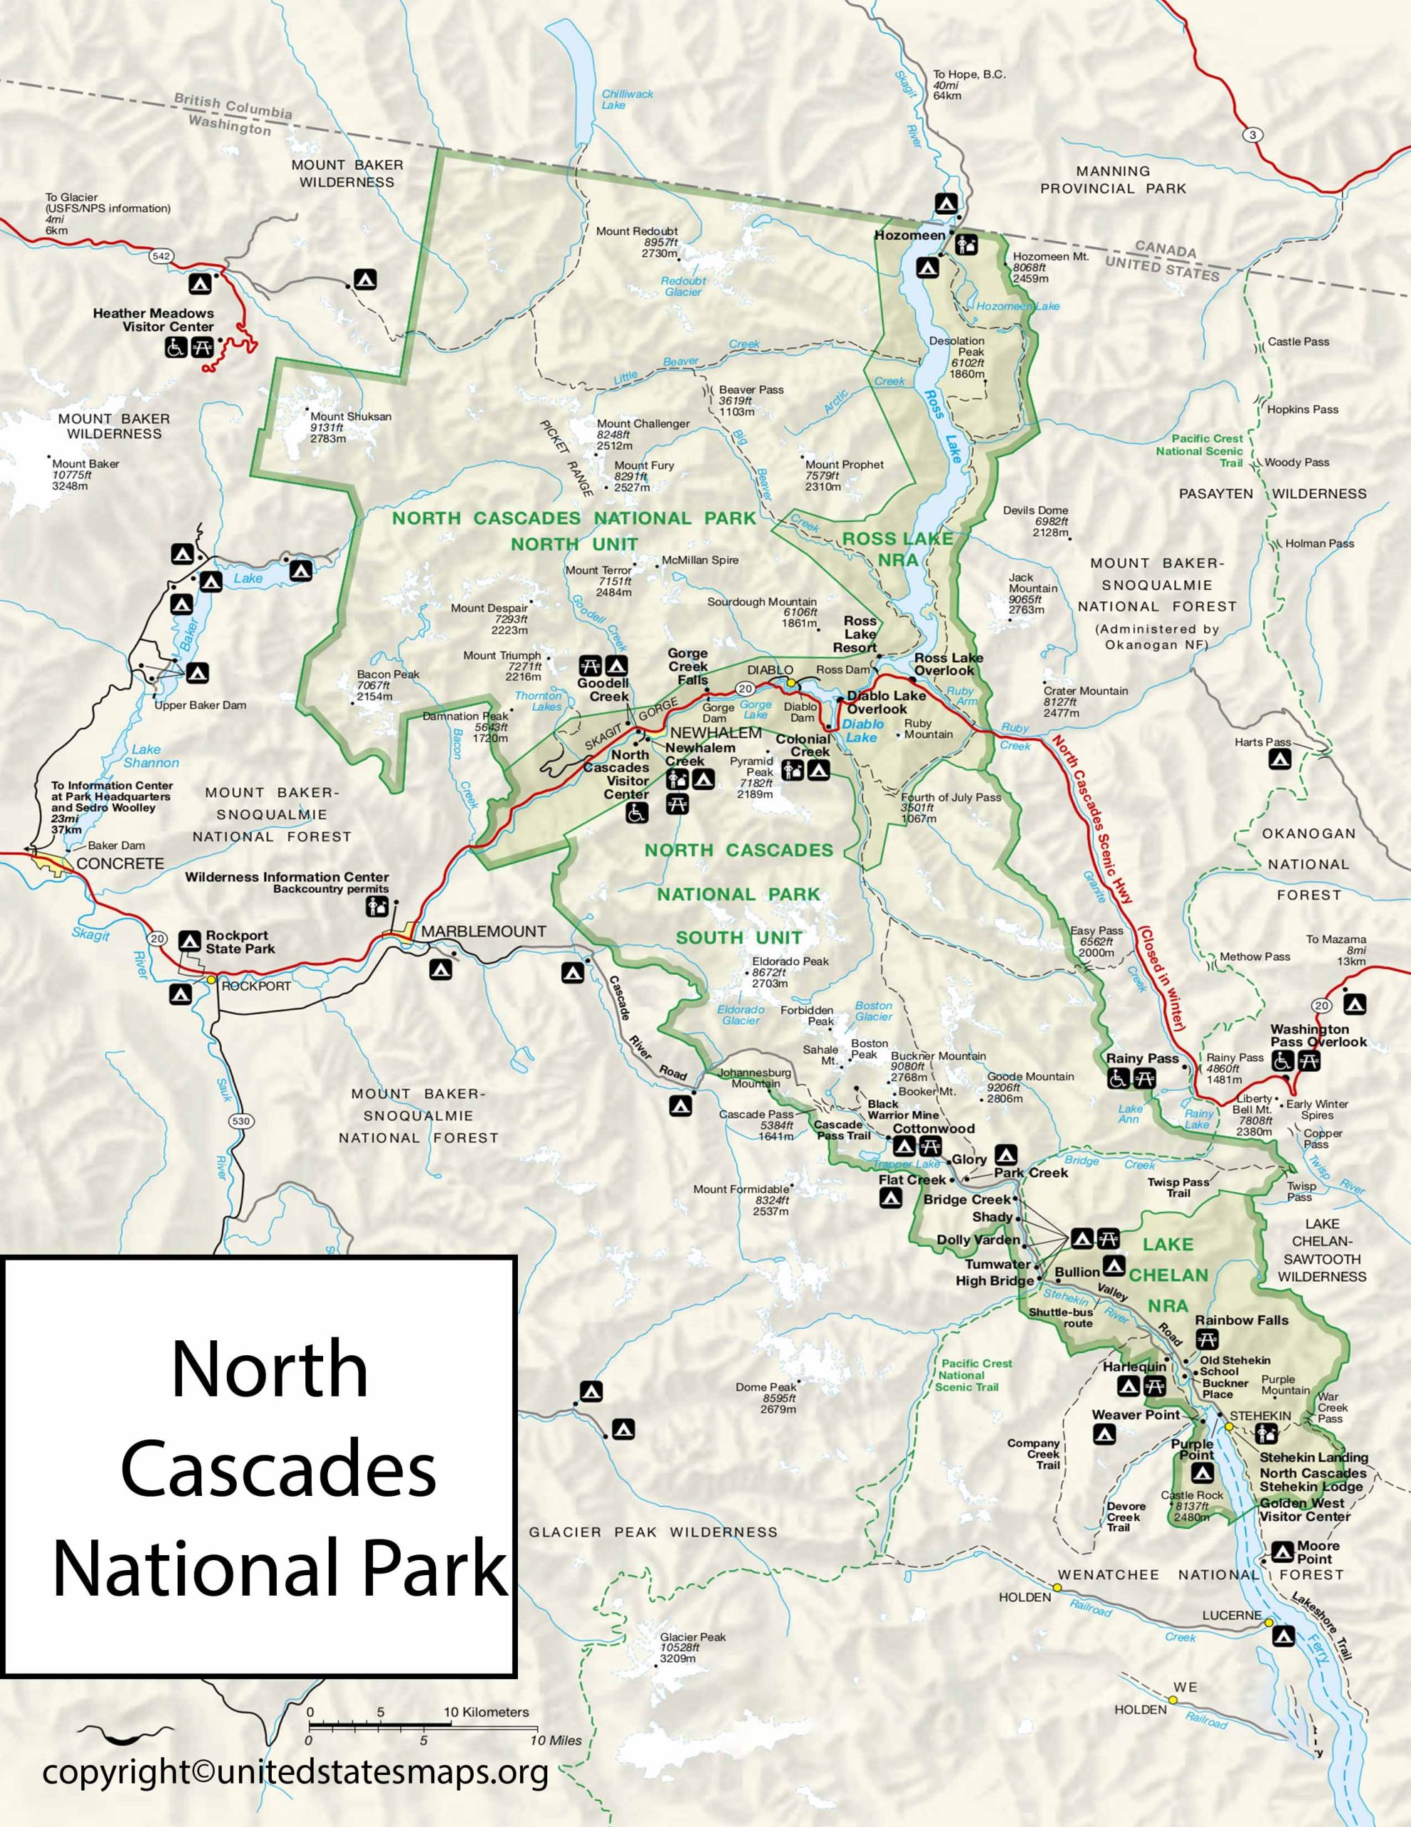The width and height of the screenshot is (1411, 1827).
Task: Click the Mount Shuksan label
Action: click(350, 417)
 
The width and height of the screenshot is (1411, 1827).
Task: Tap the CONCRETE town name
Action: click(120, 864)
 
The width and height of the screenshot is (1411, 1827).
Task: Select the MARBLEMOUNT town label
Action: click(484, 931)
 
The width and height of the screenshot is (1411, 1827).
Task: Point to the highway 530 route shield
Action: click(242, 1121)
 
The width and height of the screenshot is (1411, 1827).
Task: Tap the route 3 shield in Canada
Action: click(1252, 135)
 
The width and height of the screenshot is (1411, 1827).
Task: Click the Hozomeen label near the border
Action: click(910, 235)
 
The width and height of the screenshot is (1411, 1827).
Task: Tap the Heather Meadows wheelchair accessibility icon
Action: click(175, 346)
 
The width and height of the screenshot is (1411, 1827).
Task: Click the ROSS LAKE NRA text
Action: click(897, 549)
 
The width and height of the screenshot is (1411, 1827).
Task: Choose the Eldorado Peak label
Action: click(790, 961)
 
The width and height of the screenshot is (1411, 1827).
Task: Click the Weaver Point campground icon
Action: click(1104, 1434)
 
